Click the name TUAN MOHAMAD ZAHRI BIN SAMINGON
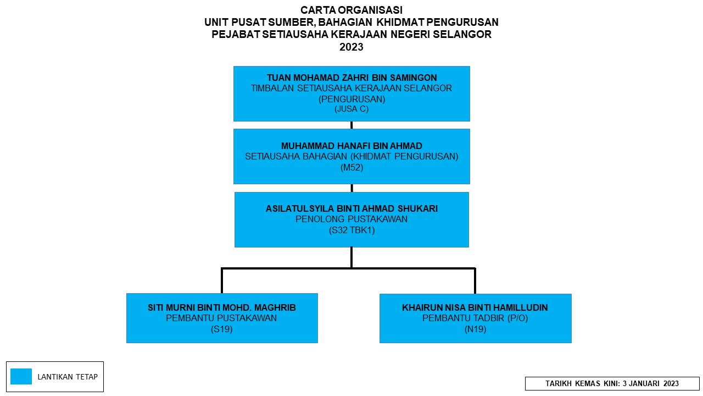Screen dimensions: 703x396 (x=352, y=78)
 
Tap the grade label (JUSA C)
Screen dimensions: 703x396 (x=351, y=109)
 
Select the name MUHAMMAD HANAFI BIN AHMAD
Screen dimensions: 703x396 (x=351, y=146)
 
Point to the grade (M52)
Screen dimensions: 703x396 (x=352, y=168)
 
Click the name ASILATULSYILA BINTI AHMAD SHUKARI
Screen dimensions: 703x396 (x=351, y=208)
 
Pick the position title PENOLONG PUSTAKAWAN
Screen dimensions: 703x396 (x=351, y=219)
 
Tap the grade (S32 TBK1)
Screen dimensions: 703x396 (x=352, y=230)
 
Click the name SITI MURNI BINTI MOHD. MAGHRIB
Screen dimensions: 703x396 (x=222, y=307)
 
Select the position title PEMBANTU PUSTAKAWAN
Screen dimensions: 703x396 (x=221, y=318)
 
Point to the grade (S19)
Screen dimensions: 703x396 (x=221, y=329)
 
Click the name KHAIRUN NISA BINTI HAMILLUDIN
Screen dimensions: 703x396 (x=475, y=307)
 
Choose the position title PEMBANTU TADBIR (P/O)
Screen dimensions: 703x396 (x=475, y=318)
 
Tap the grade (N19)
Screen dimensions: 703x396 (x=476, y=329)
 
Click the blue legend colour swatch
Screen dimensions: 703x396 (x=21, y=377)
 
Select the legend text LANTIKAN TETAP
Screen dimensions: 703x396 (x=68, y=377)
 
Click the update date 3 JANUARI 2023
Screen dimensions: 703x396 (x=651, y=384)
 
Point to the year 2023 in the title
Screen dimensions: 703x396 (x=351, y=47)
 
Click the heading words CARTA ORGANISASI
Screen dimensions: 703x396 (x=351, y=10)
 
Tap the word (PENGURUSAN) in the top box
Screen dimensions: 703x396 (x=352, y=100)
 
